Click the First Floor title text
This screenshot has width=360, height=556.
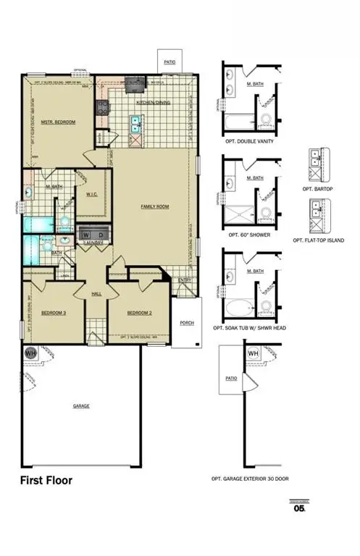[x=46, y=480]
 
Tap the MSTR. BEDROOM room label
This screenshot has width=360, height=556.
[x=58, y=122]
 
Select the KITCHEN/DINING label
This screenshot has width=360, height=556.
[x=152, y=103]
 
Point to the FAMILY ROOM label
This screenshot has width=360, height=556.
[x=154, y=206]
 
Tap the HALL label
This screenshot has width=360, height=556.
[x=96, y=294]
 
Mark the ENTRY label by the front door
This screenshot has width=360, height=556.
[x=185, y=281]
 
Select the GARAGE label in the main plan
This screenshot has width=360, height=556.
[x=81, y=406]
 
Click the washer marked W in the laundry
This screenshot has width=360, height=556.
[x=86, y=236]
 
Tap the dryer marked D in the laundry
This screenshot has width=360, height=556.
[x=101, y=236]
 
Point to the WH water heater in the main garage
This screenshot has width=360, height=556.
[x=30, y=353]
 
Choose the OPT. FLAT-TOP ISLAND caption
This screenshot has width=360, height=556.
[x=319, y=240]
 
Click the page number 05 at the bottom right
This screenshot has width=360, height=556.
[x=298, y=508]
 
